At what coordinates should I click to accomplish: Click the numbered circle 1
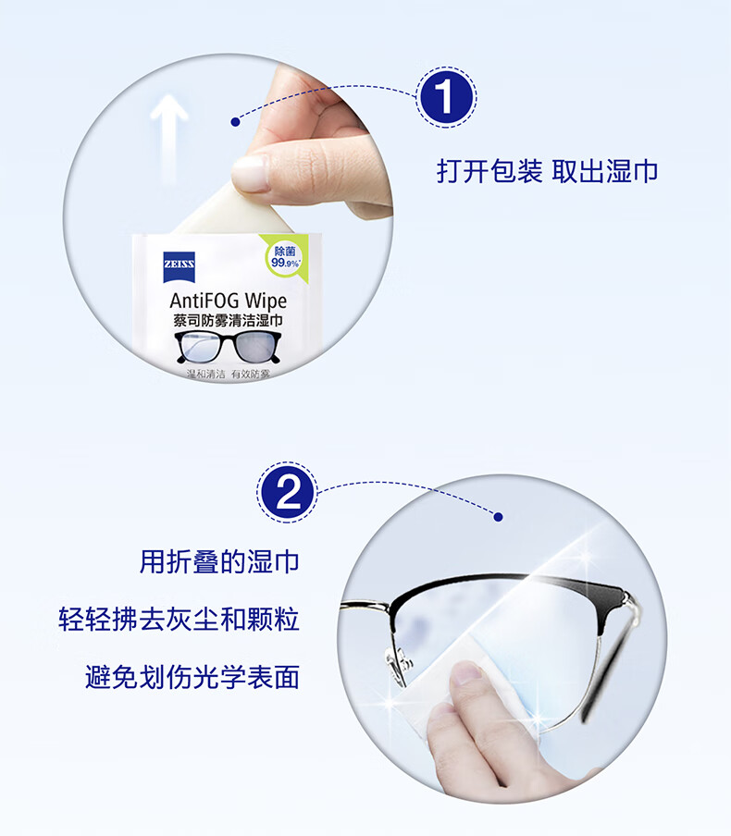tap(445, 97)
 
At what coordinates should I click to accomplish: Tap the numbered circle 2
tap(288, 492)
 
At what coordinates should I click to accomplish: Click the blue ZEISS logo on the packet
tap(180, 266)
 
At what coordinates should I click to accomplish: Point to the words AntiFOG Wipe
tap(228, 301)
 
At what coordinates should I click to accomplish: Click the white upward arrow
tap(169, 138)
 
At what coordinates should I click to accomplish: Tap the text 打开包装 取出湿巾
tap(547, 172)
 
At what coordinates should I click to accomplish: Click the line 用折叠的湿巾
tap(219, 562)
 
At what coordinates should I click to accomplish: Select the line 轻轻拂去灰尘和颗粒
tap(179, 620)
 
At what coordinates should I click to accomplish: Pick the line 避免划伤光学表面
tap(192, 677)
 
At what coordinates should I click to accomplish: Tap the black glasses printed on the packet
tap(228, 347)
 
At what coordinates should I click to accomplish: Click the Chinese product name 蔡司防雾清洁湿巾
tap(228, 321)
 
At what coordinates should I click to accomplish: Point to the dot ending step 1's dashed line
tap(235, 122)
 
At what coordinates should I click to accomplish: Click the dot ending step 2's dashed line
tap(499, 517)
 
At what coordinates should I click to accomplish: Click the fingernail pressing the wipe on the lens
tap(465, 672)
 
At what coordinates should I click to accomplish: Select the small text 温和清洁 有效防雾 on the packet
tap(228, 374)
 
